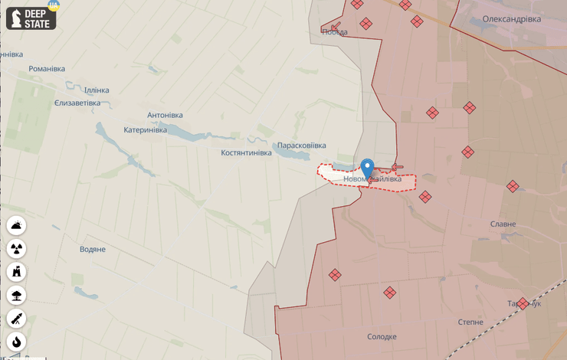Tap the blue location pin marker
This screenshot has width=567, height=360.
pos(368,169)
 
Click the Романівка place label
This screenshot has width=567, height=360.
pos(47,69)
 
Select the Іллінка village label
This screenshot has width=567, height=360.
pos(92,90)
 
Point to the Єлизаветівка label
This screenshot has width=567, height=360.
pos(77,103)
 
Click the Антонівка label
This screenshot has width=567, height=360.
pos(165,116)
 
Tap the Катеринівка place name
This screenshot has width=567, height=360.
pos(145,130)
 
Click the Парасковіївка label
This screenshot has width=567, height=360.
pos(302,146)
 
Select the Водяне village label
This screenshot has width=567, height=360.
pos(93,250)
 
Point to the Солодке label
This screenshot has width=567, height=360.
pos(382,337)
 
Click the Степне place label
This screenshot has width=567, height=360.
pos(470,322)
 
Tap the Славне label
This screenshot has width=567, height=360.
pos(503,224)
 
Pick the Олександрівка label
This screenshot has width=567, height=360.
pos(511,19)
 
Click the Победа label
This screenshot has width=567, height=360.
pos(335,32)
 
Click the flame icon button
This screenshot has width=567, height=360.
pos(17,342)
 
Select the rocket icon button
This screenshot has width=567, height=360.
pos(17,319)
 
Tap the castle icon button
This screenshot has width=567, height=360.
pos(17,272)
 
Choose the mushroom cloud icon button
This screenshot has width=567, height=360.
pos(17,295)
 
